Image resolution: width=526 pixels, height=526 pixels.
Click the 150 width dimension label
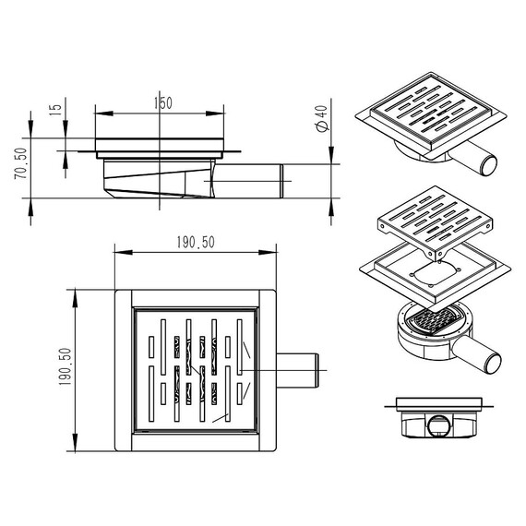[163, 103]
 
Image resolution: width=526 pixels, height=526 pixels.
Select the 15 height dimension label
[55, 110]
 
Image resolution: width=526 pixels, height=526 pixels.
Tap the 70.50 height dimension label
[21, 163]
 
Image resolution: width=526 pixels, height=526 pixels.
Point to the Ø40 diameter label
[322, 118]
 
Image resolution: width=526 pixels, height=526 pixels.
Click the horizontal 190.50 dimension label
[196, 242]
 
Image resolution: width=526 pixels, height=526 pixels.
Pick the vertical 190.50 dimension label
[66, 366]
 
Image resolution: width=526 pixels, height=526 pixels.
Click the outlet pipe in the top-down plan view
[297, 370]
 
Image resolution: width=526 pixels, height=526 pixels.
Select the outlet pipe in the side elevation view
[248, 181]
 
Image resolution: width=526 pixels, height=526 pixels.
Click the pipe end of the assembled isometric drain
[489, 165]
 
